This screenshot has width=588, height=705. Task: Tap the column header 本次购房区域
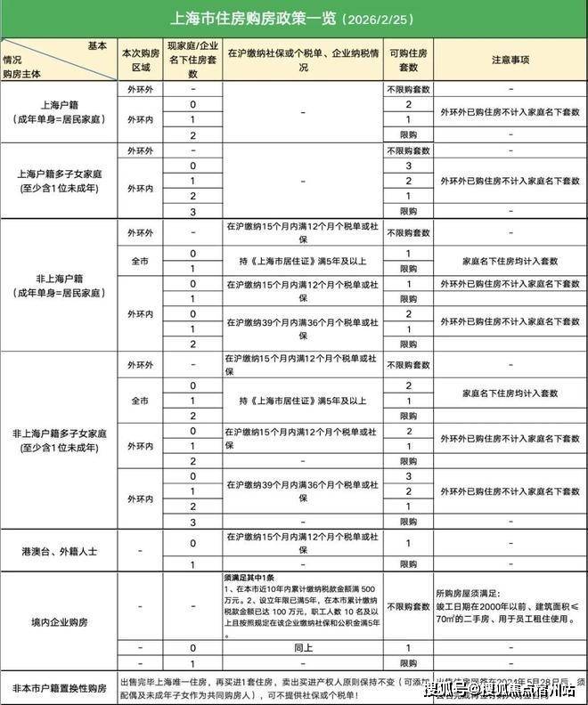point(138,60)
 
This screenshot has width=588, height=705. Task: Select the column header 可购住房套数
point(408,60)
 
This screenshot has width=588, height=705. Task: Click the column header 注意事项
point(510,60)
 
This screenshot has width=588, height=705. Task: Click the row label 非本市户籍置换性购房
point(59,688)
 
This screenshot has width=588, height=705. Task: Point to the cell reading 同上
point(303,648)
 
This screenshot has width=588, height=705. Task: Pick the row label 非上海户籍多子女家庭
point(59,441)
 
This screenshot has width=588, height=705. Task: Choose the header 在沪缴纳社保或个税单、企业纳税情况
point(303,60)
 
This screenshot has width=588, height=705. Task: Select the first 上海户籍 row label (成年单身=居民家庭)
point(59,111)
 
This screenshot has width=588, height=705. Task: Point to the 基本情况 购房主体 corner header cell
point(59,60)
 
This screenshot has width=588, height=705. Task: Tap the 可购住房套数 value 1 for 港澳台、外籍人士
point(408,543)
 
